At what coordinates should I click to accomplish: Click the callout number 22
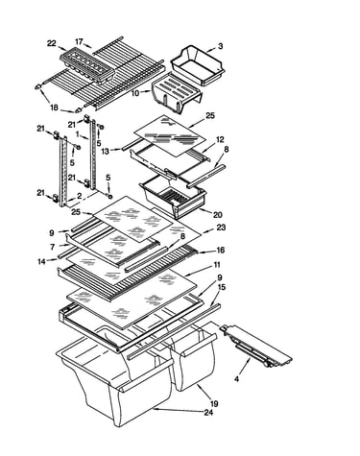[x=52, y=43]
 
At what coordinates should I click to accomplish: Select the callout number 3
[x=221, y=46]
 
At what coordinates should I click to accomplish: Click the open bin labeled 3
[x=198, y=65]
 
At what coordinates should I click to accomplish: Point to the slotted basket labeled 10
[x=177, y=92]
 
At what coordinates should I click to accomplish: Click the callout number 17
[x=79, y=42]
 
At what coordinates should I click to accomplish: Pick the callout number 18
[x=54, y=108]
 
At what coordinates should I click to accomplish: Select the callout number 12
[x=220, y=139]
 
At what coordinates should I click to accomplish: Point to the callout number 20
[x=218, y=214]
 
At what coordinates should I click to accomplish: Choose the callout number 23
[x=221, y=228]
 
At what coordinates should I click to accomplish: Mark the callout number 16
[x=221, y=250]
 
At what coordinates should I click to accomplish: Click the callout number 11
[x=217, y=265]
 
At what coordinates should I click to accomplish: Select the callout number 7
[x=52, y=247]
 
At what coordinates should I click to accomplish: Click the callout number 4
[x=236, y=379]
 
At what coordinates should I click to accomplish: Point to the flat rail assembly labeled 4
[x=256, y=346]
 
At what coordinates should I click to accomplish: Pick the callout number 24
[x=208, y=413]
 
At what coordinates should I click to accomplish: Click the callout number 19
[x=214, y=404]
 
